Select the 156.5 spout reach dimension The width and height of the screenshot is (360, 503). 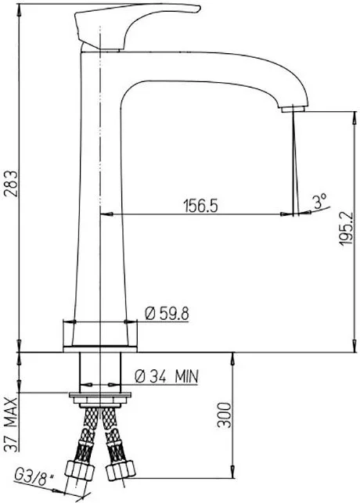200,206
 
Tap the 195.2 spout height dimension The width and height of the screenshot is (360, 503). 346,228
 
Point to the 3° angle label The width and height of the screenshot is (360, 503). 320,201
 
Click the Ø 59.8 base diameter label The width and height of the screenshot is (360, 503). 167,314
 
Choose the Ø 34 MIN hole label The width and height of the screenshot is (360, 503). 167,376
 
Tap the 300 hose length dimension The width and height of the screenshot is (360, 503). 225,415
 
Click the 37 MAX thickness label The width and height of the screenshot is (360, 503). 12,425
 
